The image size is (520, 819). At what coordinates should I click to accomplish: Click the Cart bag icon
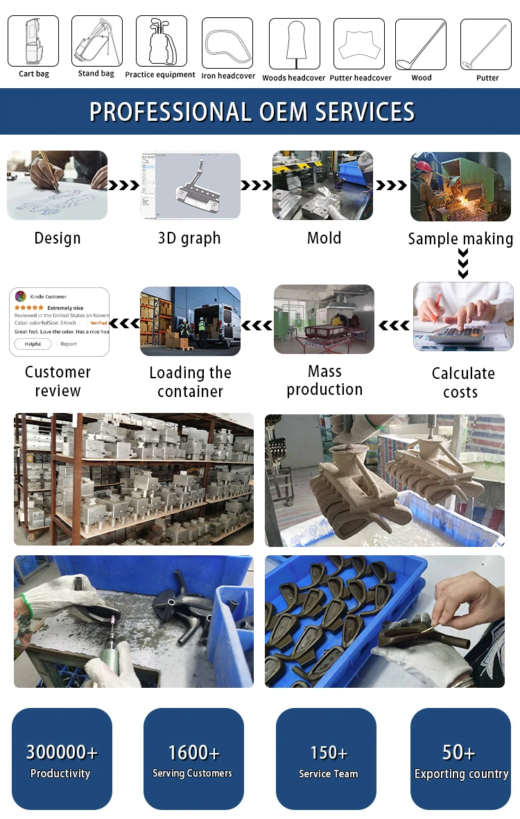click(x=33, y=41)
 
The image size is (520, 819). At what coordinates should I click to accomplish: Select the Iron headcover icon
click(x=227, y=42)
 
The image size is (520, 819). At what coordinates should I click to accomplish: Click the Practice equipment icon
click(x=161, y=41)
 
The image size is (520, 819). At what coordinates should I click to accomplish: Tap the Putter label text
click(x=487, y=78)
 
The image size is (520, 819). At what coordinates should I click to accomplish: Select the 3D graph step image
click(x=191, y=185)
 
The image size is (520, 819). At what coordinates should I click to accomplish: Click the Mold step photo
click(x=322, y=185)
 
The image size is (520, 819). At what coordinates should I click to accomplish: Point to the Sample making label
click(x=460, y=239)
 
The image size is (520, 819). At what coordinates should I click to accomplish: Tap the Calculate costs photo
click(x=463, y=316)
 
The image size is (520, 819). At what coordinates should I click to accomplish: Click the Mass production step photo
click(x=324, y=319)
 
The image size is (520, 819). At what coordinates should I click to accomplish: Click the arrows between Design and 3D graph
click(x=123, y=185)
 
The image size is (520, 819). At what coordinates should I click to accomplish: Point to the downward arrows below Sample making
click(x=463, y=264)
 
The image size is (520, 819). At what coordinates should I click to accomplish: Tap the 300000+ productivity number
click(x=62, y=752)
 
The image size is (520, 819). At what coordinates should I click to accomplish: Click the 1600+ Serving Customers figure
click(x=193, y=752)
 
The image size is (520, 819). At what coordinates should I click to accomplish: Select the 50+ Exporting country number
click(x=459, y=752)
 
